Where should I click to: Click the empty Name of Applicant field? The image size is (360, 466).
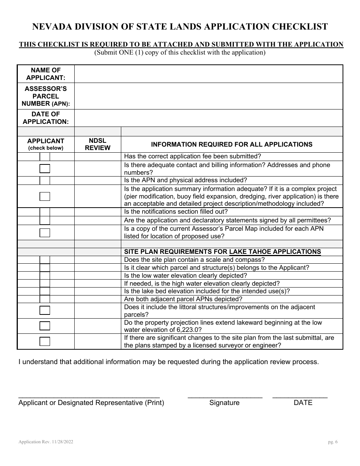point(208,74)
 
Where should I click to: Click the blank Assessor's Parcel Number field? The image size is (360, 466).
point(208,96)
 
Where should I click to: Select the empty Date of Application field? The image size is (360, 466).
point(208,118)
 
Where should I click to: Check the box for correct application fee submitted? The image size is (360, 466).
point(45,156)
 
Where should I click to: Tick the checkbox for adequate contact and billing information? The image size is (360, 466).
point(45,169)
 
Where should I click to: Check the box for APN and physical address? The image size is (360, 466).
point(45,180)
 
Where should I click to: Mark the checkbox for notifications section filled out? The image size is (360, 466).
point(45,212)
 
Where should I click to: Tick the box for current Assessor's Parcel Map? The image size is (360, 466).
point(45,232)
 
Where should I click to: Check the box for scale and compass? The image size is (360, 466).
point(45,260)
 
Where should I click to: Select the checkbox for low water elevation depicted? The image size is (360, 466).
point(45,275)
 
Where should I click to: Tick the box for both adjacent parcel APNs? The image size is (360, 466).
point(45,299)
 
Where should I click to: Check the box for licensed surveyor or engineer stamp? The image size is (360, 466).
point(45,341)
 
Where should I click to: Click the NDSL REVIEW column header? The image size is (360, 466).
point(97,144)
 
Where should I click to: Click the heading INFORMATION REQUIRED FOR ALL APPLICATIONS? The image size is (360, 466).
point(232,144)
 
